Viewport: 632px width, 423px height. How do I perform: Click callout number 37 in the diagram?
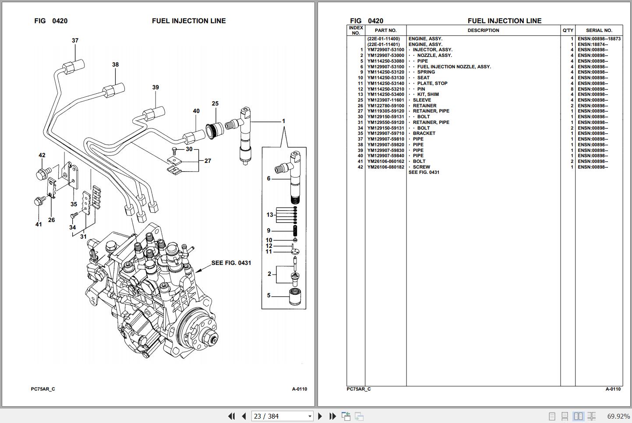(75, 41)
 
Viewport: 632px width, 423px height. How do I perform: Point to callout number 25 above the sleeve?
(215, 104)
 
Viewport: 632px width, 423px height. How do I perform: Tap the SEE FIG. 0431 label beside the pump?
(231, 263)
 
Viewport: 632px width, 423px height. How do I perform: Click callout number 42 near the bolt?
(42, 155)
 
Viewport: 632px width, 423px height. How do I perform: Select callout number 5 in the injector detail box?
(269, 296)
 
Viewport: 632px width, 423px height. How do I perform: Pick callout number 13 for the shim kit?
(270, 215)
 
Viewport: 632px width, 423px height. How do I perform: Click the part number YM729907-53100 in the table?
(385, 50)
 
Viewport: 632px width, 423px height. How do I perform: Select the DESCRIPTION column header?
(483, 31)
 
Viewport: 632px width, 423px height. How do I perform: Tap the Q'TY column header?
(568, 31)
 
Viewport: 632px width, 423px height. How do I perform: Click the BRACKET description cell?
(424, 134)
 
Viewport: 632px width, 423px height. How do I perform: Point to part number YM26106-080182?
(385, 167)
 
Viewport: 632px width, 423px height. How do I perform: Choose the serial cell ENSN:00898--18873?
(599, 39)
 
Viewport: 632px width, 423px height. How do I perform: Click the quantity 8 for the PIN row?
(572, 89)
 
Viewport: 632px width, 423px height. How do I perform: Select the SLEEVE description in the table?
(422, 100)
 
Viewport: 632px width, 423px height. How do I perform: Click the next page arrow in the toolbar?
(320, 416)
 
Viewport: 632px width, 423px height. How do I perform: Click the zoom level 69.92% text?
(618, 416)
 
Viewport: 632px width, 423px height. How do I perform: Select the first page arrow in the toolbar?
(231, 416)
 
